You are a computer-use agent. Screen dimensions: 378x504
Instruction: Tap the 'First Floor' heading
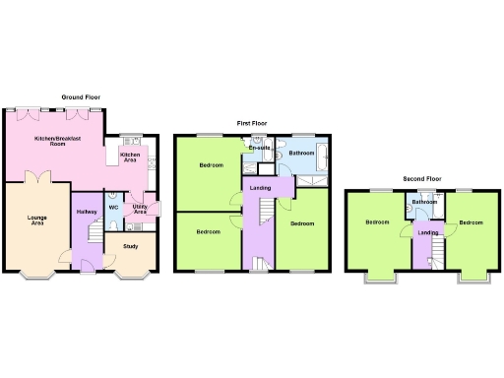tap(252, 123)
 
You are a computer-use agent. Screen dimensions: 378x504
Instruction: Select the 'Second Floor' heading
tap(421, 180)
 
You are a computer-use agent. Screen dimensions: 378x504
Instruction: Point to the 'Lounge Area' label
tap(36, 220)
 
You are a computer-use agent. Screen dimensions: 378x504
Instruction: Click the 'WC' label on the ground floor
tap(113, 208)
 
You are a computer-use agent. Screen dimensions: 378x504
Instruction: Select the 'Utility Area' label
tap(140, 209)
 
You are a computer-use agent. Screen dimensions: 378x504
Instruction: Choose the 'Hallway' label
tap(86, 211)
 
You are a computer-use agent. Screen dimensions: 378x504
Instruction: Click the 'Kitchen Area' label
tap(130, 157)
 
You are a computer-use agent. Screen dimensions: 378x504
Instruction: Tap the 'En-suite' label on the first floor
tap(260, 148)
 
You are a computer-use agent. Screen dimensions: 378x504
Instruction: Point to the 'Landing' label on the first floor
tap(261, 187)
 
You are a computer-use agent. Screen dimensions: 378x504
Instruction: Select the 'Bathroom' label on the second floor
tap(425, 202)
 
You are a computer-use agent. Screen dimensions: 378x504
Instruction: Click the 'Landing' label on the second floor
tap(427, 232)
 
